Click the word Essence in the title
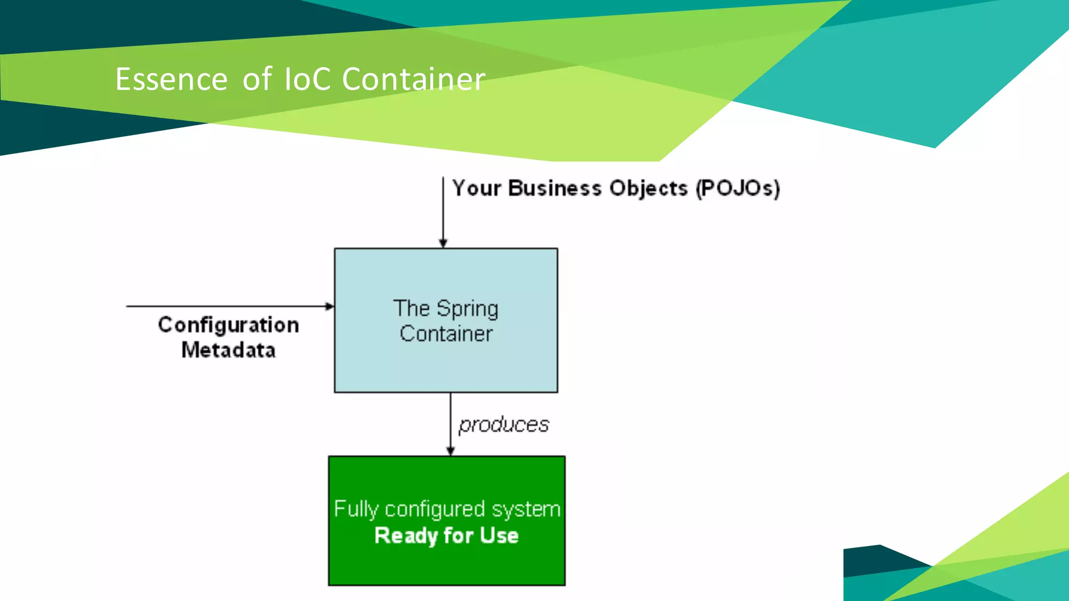pyautogui.click(x=171, y=79)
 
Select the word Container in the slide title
pyautogui.click(x=413, y=79)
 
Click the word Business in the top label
pyautogui.click(x=554, y=188)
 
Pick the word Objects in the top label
pyautogui.click(x=648, y=189)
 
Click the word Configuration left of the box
pyautogui.click(x=229, y=326)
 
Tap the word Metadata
pyautogui.click(x=229, y=350)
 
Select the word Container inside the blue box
pyautogui.click(x=446, y=334)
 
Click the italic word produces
pyautogui.click(x=504, y=425)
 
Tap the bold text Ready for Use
pyautogui.click(x=447, y=536)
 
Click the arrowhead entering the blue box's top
pyautogui.click(x=443, y=243)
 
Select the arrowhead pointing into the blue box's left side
pyautogui.click(x=329, y=306)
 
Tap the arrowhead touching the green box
pyautogui.click(x=450, y=451)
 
